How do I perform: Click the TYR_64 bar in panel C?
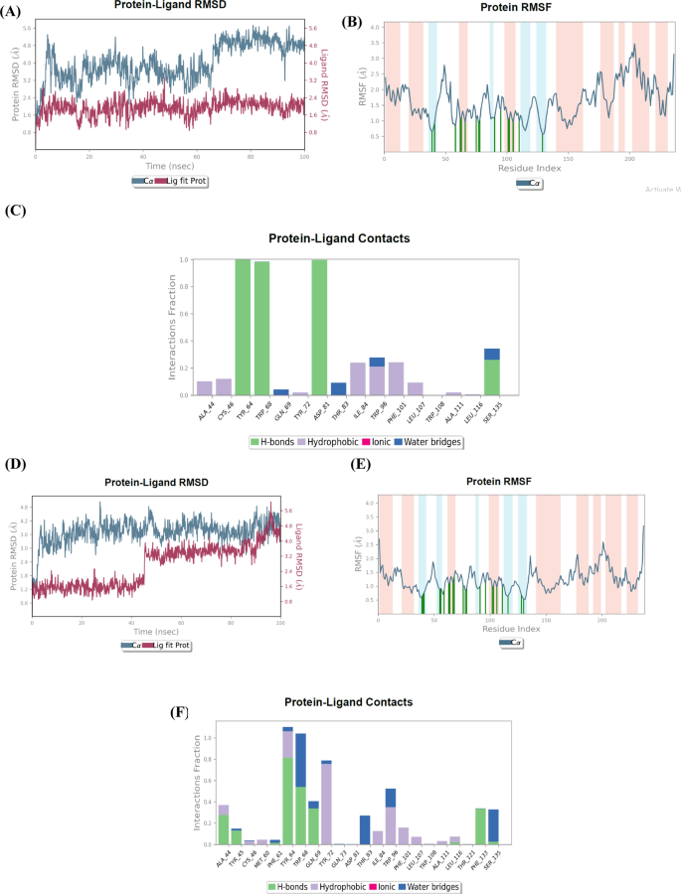click(243, 327)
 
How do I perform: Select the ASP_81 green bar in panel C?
click(319, 327)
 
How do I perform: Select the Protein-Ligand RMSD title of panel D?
click(156, 483)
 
